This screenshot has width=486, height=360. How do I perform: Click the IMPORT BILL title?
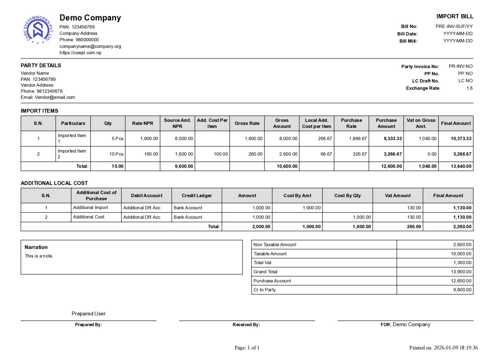(455, 16)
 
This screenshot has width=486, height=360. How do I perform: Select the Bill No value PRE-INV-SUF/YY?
(454, 27)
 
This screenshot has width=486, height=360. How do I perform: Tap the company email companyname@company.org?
(90, 46)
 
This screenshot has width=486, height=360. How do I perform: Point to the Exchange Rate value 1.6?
(469, 88)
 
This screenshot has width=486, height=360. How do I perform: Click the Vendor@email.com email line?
(48, 97)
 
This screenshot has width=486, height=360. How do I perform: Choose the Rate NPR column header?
(143, 124)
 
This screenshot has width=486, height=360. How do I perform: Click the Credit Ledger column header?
(197, 196)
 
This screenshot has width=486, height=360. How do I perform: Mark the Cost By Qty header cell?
(347, 196)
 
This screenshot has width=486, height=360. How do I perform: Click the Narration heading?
(36, 247)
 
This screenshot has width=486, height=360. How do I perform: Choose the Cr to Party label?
(265, 290)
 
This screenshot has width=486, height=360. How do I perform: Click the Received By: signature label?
(246, 325)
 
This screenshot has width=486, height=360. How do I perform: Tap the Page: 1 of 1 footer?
(247, 348)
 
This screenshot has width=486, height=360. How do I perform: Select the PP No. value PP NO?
(465, 74)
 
